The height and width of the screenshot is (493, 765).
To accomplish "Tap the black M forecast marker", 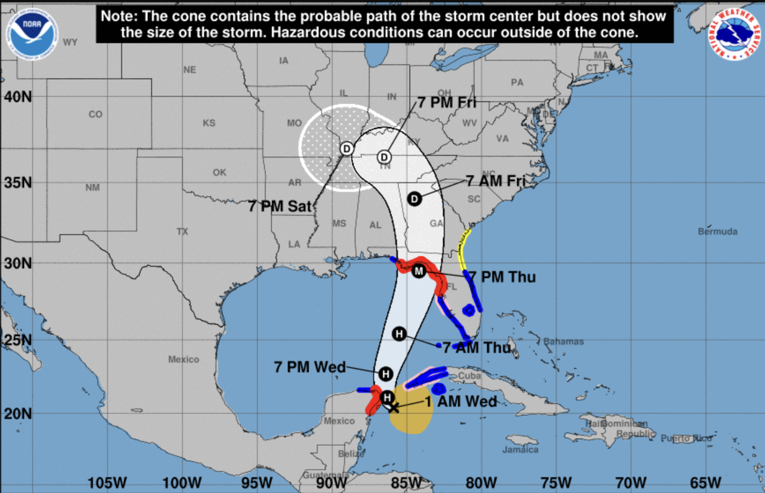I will coord(419,271).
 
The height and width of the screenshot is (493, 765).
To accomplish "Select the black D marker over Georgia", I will coord(414,199).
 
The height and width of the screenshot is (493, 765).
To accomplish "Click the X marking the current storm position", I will coord(394,408).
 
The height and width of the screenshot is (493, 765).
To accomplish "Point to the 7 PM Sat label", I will coord(279,206).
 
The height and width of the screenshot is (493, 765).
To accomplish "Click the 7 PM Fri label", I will coord(446,103).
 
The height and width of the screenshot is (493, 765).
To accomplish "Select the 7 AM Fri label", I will coord(495,181).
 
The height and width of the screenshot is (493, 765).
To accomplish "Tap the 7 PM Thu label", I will coord(502,277).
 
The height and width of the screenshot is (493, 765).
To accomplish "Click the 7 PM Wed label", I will coord(310,367).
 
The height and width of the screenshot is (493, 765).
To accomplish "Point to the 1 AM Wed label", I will coord(460,401).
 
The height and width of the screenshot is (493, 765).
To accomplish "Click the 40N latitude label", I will coord(18,96).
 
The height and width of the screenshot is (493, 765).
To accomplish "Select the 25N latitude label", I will coord(18,340).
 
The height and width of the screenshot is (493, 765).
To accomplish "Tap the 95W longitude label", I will coord(257,482).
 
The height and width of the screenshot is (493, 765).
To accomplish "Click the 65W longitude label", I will coord(705,482).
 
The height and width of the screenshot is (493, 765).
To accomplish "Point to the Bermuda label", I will coord(717,232).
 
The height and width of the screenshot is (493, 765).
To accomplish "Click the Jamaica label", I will coord(520,449).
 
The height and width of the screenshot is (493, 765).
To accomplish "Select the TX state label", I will coord(182,231).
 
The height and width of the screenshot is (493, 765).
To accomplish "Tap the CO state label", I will coord(95,114).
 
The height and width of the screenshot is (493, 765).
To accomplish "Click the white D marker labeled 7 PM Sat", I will coord(347,149).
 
